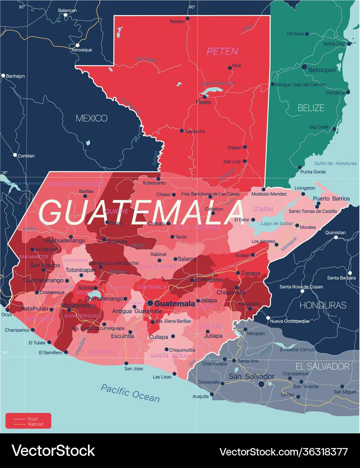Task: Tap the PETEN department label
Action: coord(222,52)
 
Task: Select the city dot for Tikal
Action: coord(230,68)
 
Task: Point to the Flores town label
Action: coord(203,102)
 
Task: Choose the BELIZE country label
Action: coord(311,108)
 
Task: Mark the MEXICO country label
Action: coord(92,118)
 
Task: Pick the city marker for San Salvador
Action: coord(261,384)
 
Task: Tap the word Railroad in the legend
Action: coord(35,424)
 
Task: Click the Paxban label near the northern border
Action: coord(177,21)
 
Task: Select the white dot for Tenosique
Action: coord(78,45)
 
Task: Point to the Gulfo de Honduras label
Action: coord(335,163)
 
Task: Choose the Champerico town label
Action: coord(16,330)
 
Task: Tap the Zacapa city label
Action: coord(251,273)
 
